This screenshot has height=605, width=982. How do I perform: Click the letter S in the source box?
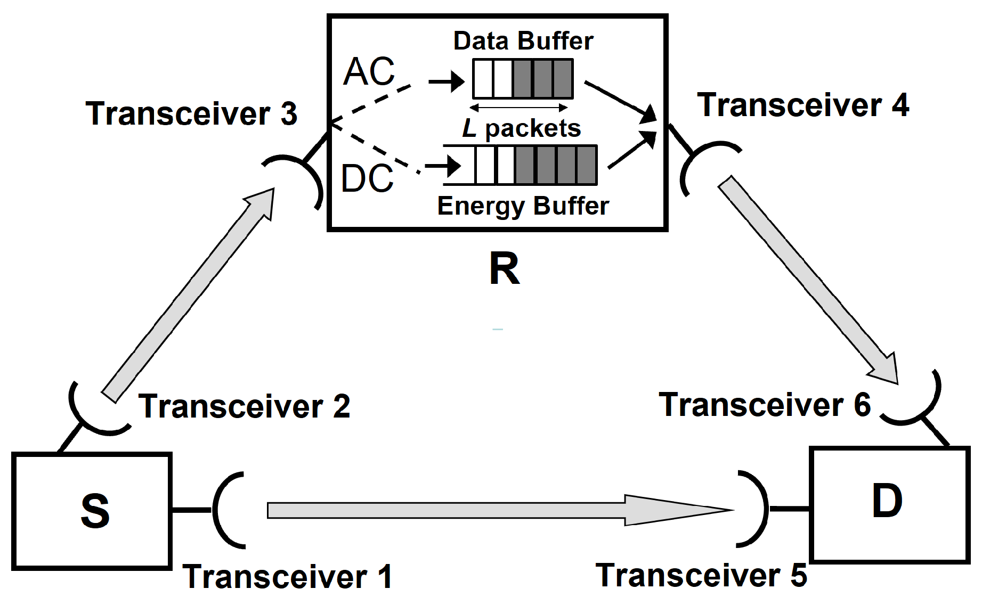point(95,511)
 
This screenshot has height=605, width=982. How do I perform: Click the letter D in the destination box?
point(887,501)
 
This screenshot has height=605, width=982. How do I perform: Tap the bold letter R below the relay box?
point(504,269)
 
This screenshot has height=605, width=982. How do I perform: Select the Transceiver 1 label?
point(288,577)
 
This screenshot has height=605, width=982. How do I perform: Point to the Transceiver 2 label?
point(245,406)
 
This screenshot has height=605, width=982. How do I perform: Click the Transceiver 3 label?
point(191,113)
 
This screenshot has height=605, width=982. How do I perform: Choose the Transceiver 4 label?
point(803,105)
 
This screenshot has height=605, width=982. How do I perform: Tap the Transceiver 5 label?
point(701,576)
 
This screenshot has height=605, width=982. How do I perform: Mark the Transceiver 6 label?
point(765,405)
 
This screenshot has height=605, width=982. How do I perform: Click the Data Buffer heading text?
point(523,41)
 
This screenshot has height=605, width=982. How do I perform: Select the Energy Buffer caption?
point(523,206)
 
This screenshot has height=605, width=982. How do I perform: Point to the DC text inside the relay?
point(367,178)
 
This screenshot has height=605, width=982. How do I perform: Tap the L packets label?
point(521,128)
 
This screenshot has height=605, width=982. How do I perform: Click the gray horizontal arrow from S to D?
point(480,510)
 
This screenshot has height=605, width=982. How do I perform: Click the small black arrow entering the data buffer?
point(447,81)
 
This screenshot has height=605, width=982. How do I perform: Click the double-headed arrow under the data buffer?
point(518,108)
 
